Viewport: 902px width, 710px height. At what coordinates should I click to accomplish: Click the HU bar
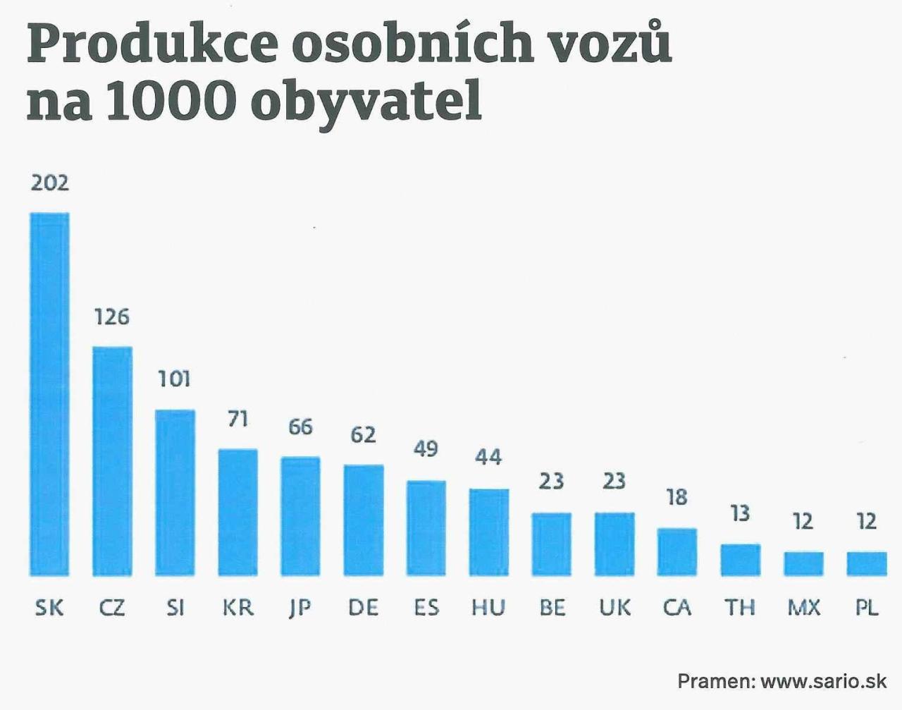[488, 532]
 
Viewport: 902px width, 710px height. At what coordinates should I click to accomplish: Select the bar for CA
[677, 551]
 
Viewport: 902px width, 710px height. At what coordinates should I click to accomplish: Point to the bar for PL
[866, 563]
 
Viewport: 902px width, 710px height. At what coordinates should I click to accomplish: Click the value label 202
[50, 183]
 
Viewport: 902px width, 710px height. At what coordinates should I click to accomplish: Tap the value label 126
[112, 317]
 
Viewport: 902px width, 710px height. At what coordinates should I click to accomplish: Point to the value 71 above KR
[238, 420]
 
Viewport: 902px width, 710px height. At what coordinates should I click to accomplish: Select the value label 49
[426, 449]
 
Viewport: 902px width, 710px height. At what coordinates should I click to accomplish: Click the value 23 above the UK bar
[614, 481]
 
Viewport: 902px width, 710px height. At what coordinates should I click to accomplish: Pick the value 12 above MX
[803, 522]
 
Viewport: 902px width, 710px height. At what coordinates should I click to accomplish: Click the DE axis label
[363, 607]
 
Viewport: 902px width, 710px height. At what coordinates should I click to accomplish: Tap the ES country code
[426, 607]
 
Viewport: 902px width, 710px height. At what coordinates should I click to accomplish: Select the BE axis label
[552, 607]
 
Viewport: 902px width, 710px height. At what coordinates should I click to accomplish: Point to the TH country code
[740, 607]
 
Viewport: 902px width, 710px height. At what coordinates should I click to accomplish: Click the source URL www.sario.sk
[823, 681]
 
